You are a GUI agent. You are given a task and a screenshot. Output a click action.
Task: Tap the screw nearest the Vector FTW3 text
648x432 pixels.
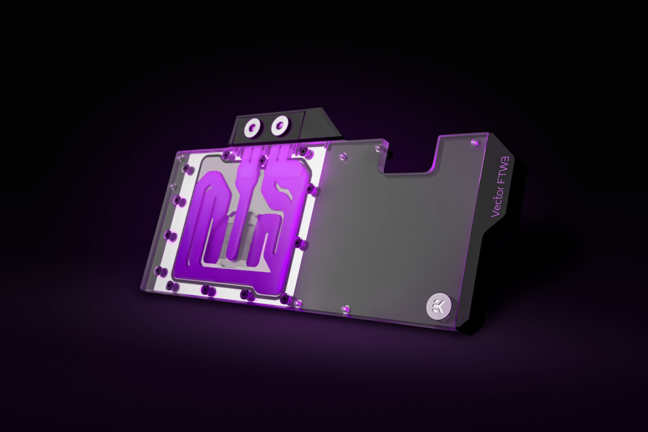[x=474, y=142]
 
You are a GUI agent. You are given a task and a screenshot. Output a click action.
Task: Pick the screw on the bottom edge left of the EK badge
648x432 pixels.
[x=346, y=309]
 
